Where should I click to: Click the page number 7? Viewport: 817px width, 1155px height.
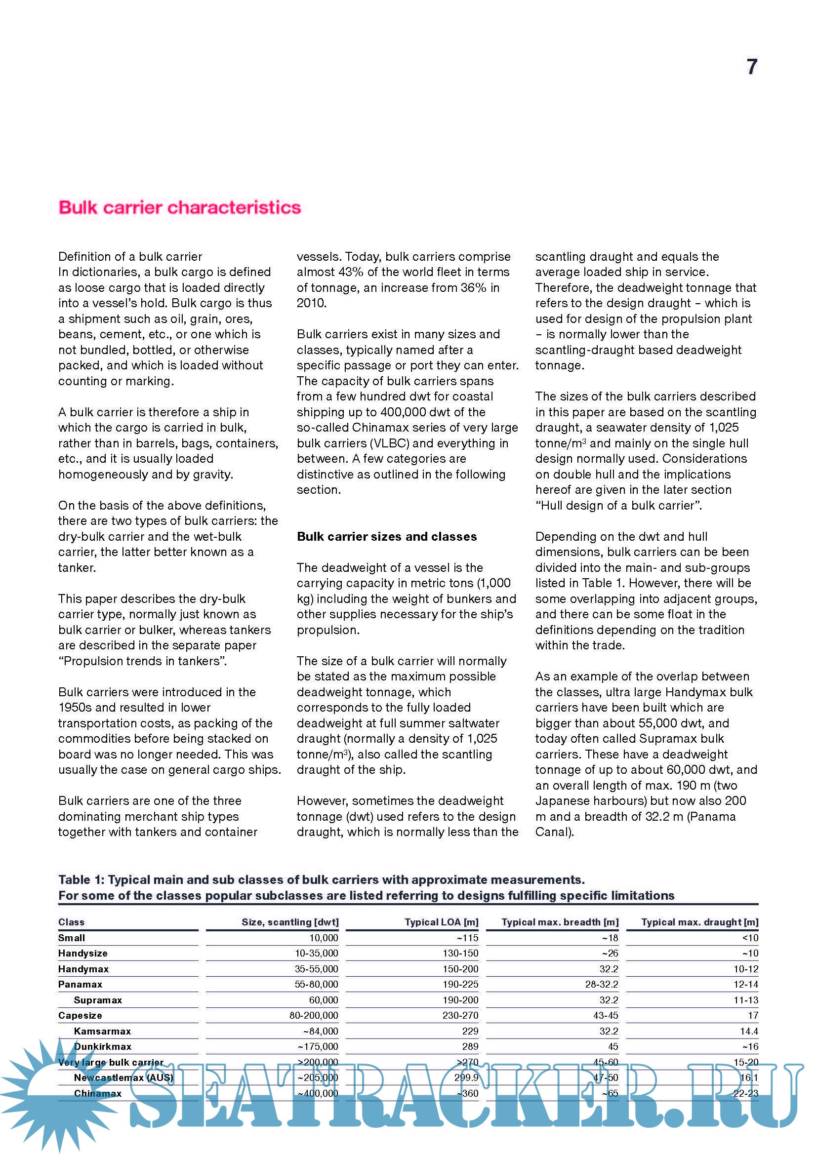752,67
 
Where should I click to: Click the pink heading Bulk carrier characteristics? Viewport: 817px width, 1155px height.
180,207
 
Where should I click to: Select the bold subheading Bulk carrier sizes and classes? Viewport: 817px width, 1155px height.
386,536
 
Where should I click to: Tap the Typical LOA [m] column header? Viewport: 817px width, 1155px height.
441,922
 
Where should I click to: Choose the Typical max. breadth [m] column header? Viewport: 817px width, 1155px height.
560,922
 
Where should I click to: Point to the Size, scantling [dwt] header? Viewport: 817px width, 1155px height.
290,922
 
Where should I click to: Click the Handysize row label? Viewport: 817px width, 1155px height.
82,953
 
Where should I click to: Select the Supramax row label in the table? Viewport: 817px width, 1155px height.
98,1000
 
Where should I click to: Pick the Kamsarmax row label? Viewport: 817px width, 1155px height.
102,1031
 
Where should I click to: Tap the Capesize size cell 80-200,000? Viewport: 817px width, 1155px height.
314,1016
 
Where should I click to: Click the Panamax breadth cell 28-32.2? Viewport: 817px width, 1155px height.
601,985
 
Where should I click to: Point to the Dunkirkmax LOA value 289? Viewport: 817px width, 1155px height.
470,1046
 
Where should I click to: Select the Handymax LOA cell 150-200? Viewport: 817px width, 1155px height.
460,969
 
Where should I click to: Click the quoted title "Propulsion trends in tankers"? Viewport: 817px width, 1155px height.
142,661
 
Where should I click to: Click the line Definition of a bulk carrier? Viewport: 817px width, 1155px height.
130,257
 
